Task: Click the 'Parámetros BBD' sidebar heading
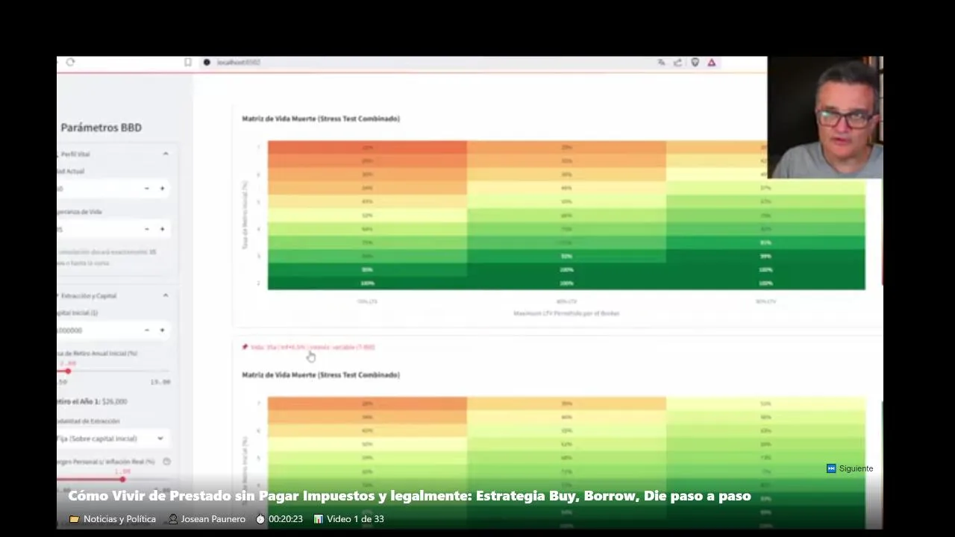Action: coord(101,128)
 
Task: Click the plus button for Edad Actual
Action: coord(162,189)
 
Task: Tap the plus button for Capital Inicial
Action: coord(162,330)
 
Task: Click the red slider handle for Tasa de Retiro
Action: coord(68,371)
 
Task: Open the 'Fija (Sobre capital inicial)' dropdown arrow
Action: coord(160,439)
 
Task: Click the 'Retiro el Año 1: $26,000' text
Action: coord(93,401)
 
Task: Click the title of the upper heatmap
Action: coord(321,119)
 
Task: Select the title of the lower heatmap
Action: coord(321,375)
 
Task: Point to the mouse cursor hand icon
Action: coord(311,357)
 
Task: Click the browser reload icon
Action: coord(70,63)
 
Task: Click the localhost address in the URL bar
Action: coord(239,63)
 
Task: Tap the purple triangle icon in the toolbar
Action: coord(712,63)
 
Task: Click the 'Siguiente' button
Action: coord(850,468)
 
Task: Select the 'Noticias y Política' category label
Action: coord(119,519)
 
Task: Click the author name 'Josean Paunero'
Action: coord(213,519)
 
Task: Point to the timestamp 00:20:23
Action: coord(285,519)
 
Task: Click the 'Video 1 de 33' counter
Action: coord(355,519)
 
